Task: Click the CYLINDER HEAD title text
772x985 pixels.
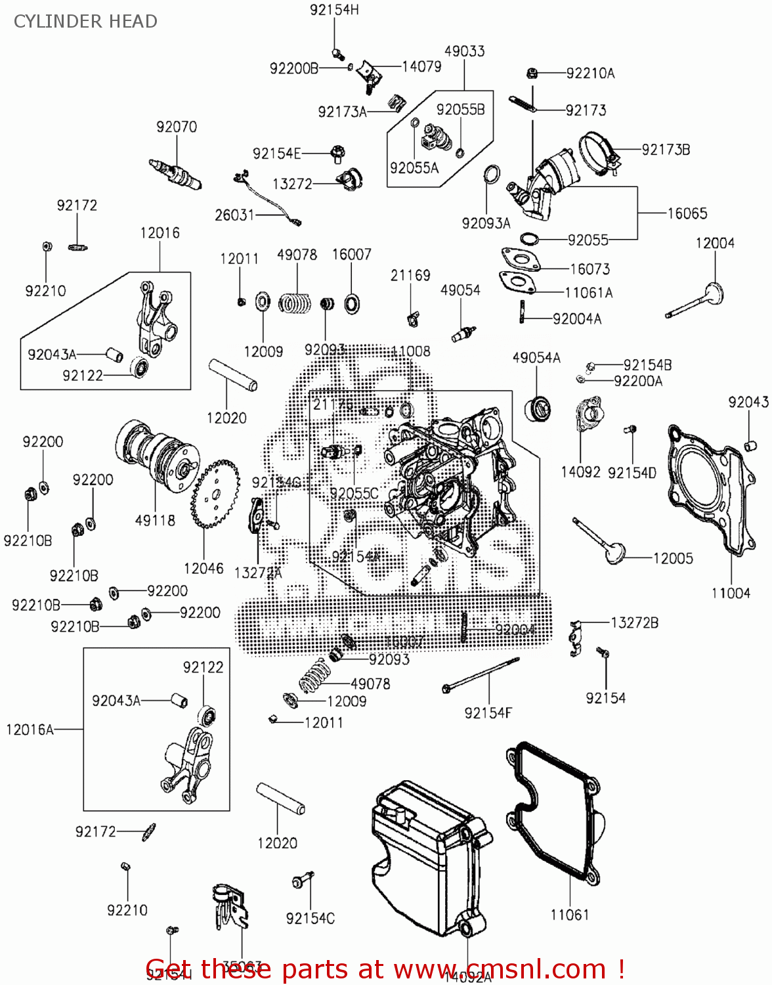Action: (85, 22)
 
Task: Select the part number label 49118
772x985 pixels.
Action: (155, 520)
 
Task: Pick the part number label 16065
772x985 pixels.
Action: (687, 213)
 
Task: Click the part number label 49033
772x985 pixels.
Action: (464, 51)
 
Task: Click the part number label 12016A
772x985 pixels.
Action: (30, 730)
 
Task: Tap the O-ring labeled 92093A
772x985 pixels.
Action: (491, 174)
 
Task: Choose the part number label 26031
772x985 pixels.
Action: (234, 215)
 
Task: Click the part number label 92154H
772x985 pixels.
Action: (334, 10)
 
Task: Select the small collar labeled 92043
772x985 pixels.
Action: (750, 447)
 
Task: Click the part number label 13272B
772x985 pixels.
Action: (634, 623)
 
